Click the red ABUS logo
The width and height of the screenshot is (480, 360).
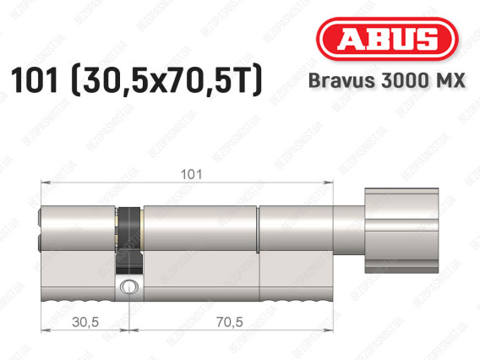(387, 39)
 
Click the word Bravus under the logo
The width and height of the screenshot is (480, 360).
(341, 80)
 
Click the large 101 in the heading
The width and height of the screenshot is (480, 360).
(35, 80)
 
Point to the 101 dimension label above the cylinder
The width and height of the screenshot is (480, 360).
(192, 175)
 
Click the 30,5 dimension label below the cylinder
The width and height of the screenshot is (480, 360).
(85, 322)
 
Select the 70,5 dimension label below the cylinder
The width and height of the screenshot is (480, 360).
(230, 322)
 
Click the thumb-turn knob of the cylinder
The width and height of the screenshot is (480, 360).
(401, 231)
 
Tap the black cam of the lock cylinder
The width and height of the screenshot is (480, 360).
(130, 240)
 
